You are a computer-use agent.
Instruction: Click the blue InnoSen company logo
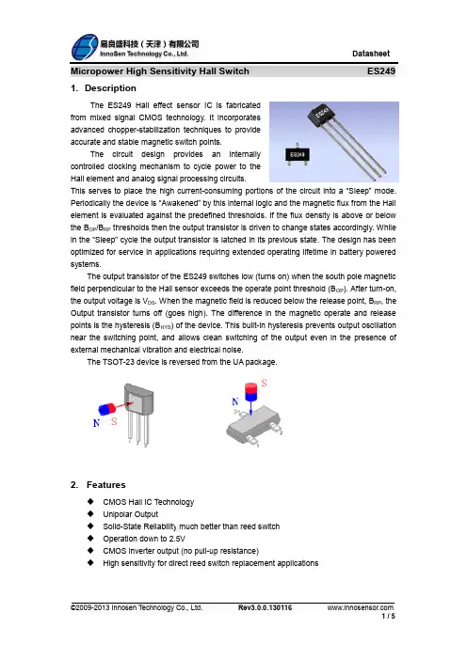85,47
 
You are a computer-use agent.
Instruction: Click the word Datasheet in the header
371,54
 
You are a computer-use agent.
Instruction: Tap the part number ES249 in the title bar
381,71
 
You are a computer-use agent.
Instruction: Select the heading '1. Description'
104,88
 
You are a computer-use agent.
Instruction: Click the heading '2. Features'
98,485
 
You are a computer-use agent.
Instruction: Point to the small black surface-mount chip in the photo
298,154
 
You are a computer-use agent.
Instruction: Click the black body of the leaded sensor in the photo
324,114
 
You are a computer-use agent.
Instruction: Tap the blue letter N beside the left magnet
96,423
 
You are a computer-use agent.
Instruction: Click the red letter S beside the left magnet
114,421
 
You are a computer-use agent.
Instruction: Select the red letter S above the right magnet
264,383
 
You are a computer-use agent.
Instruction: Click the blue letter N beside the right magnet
235,401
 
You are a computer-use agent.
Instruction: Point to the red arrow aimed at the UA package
124,406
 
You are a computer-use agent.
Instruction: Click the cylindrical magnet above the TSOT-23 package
250,392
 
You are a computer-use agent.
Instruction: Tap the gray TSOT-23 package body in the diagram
252,425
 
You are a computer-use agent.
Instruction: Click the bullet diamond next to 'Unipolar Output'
90,514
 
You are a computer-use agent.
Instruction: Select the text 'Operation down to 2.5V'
144,539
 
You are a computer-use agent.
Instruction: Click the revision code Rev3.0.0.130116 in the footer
266,607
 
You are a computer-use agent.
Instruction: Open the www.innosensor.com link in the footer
361,607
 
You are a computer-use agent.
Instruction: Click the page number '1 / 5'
388,616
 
